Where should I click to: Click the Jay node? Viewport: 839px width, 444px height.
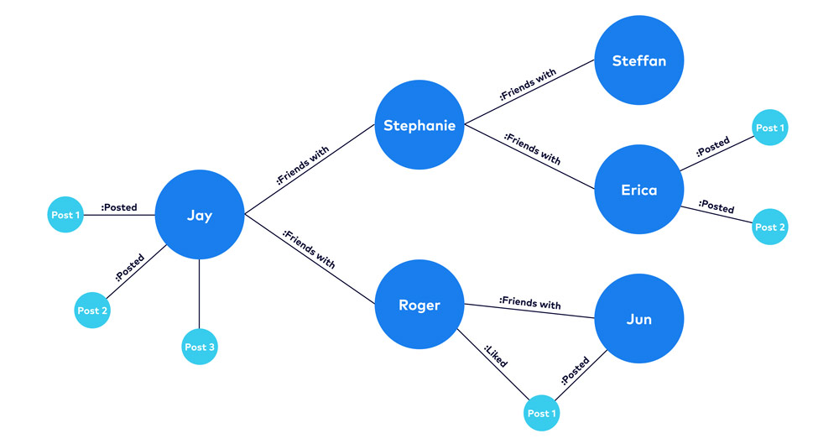pyautogui.click(x=200, y=216)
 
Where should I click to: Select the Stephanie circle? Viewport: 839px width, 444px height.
pyautogui.click(x=419, y=126)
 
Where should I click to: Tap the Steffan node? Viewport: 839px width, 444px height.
pyautogui.click(x=639, y=60)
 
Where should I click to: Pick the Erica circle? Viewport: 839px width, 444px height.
pyautogui.click(x=639, y=190)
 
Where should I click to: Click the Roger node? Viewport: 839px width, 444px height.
pyautogui.click(x=419, y=306)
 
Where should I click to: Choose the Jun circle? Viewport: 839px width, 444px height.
pyautogui.click(x=639, y=319)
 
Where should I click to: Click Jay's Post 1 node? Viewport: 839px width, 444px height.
pyautogui.click(x=65, y=216)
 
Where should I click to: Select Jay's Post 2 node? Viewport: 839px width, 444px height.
pyautogui.click(x=93, y=311)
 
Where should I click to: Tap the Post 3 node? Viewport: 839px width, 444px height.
pyautogui.click(x=200, y=347)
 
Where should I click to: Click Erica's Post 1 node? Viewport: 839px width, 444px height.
pyautogui.click(x=770, y=128)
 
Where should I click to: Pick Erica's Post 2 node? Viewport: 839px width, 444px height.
pyautogui.click(x=770, y=227)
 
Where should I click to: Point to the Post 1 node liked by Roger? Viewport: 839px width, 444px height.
pyautogui.click(x=541, y=413)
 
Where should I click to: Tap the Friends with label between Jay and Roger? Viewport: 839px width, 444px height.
pyautogui.click(x=308, y=249)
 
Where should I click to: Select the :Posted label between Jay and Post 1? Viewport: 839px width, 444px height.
pyautogui.click(x=118, y=207)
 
